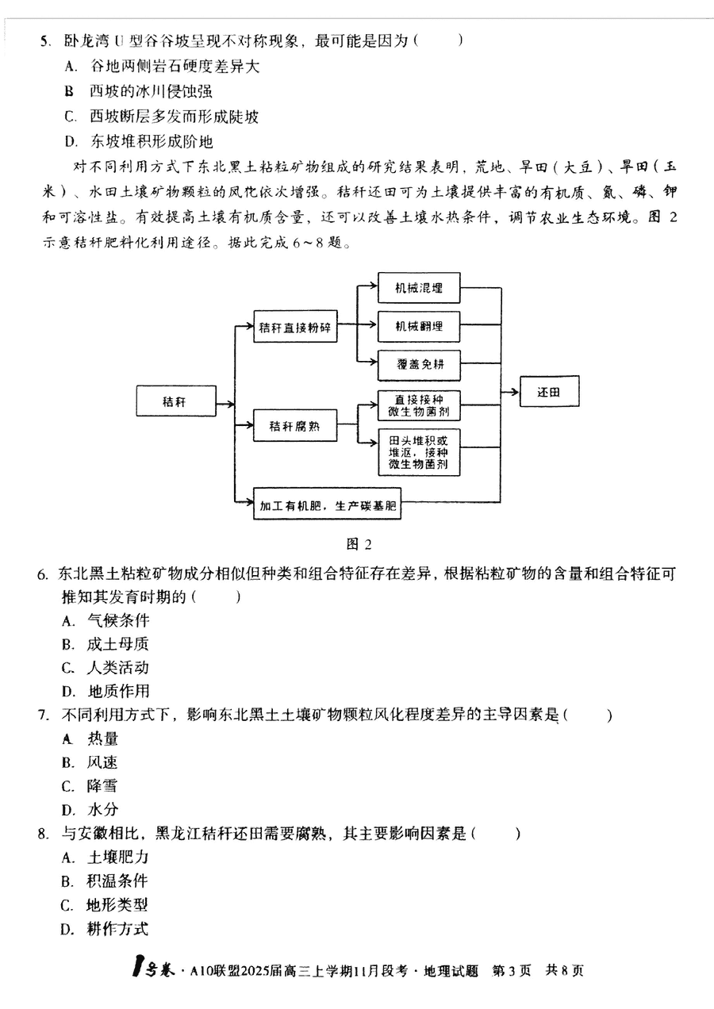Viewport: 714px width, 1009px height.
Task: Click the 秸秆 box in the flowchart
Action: tap(175, 402)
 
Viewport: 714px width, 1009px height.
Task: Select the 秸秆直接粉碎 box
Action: tap(294, 327)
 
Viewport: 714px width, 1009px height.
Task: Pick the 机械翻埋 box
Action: tap(420, 327)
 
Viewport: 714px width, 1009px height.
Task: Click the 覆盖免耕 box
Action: tap(420, 364)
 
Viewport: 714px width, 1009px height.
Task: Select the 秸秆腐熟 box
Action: tap(294, 426)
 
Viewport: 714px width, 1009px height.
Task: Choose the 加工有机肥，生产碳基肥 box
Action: tap(327, 504)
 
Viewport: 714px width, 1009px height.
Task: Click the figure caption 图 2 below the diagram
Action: tap(359, 543)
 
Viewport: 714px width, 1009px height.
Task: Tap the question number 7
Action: tap(44, 716)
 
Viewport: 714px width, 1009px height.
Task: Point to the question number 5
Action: tap(45, 40)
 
